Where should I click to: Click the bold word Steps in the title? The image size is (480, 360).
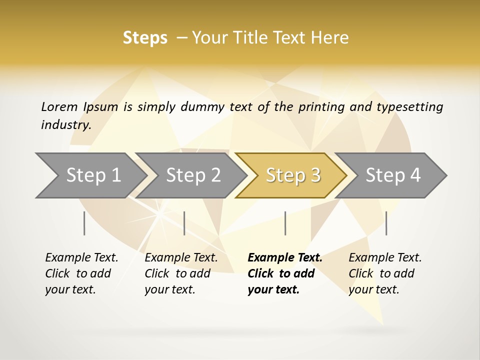[145, 38]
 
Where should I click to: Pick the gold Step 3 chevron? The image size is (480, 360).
[292, 175]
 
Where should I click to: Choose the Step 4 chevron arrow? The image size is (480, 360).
[392, 175]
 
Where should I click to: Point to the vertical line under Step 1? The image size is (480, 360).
[84, 223]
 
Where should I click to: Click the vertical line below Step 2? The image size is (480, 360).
[184, 223]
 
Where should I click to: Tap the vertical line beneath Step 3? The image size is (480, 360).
[285, 223]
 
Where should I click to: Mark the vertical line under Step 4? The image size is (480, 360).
[386, 223]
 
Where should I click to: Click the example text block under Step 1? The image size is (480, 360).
[81, 273]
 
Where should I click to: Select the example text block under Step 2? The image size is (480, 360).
[181, 273]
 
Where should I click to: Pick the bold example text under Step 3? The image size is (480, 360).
[284, 273]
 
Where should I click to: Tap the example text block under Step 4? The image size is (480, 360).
[385, 273]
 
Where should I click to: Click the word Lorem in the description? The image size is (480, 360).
[59, 106]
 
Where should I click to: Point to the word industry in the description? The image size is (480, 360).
[66, 125]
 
